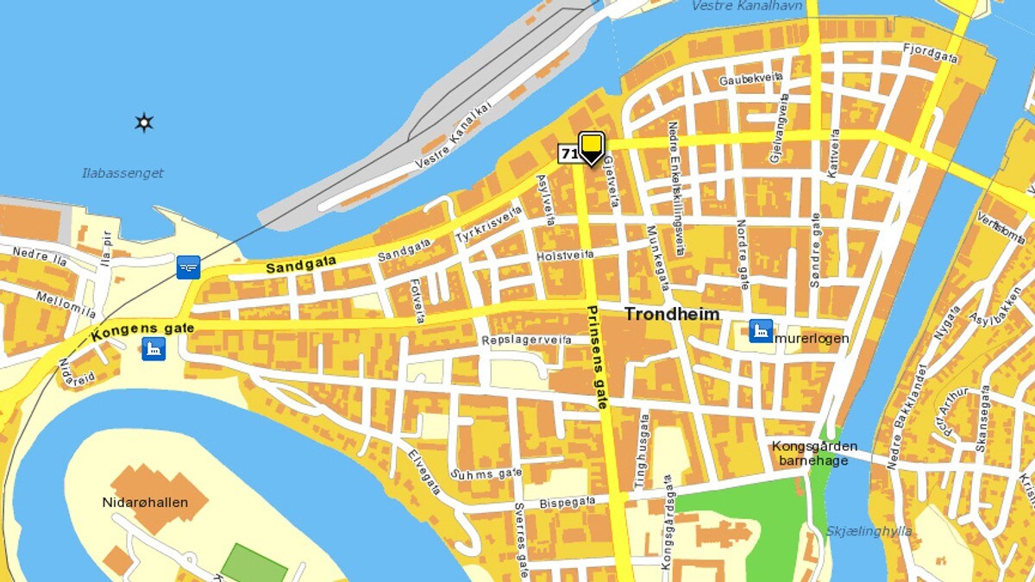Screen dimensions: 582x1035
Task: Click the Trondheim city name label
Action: tap(672, 314)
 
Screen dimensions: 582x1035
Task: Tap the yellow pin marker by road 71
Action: tap(591, 147)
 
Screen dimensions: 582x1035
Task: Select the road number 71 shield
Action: tap(568, 153)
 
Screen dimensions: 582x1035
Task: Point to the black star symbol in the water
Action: tap(144, 122)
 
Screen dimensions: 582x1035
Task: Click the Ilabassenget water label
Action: tap(122, 173)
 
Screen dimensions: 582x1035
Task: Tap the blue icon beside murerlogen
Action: tap(761, 331)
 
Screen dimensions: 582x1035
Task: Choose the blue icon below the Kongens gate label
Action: tap(154, 349)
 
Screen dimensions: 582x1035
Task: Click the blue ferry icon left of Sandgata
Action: tap(188, 267)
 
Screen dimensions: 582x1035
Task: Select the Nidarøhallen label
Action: tap(145, 503)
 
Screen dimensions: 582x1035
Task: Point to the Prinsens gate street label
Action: tap(597, 356)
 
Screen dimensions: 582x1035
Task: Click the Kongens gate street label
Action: tap(142, 329)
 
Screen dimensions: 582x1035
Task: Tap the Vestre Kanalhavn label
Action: tap(747, 6)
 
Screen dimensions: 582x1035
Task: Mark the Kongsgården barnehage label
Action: tap(814, 454)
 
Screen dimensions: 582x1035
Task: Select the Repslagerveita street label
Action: tap(526, 341)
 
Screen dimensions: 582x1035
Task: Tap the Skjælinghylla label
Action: tap(869, 531)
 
